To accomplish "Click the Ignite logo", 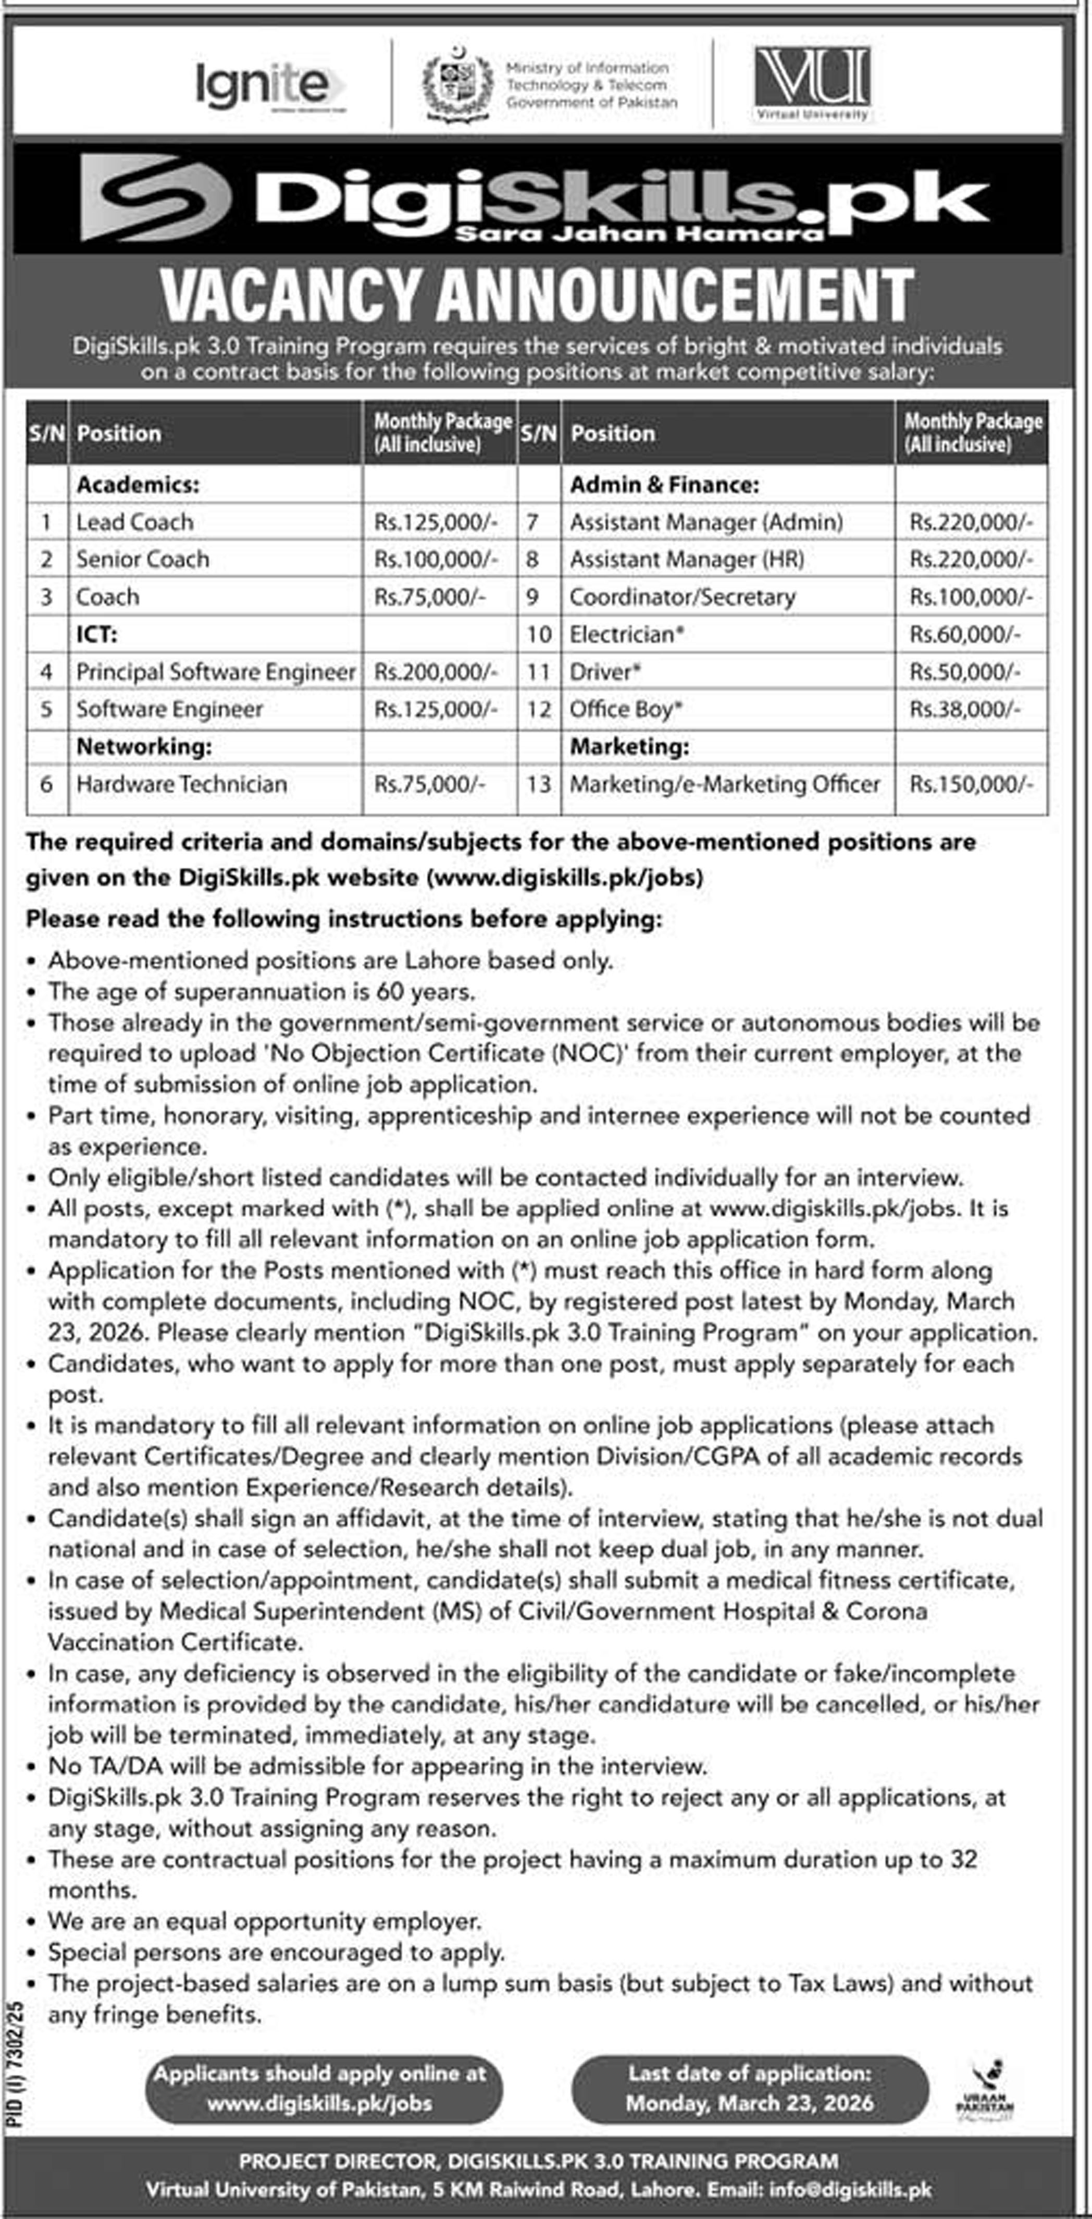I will point(269,85).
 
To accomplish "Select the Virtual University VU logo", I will point(812,83).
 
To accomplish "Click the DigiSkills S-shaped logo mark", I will point(155,198).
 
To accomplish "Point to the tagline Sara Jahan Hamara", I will point(639,232).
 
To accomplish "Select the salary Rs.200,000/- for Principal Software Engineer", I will point(436,672).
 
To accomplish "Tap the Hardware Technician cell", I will point(182,784).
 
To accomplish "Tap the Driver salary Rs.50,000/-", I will point(965,672).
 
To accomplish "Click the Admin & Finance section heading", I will point(664,484).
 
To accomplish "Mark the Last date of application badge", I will point(749,2090).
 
